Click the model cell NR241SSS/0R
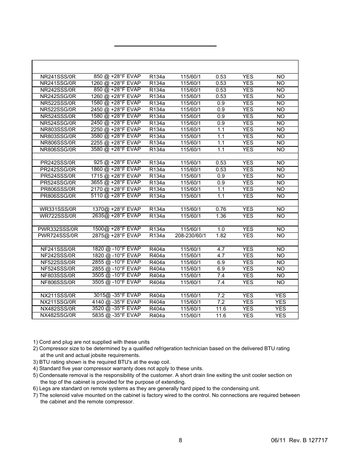(58, 77)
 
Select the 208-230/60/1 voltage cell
(190, 236)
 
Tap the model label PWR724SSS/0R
(58, 235)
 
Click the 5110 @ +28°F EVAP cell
(115, 195)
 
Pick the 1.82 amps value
(221, 236)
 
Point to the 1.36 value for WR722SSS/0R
(221, 216)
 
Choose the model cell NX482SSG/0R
(58, 315)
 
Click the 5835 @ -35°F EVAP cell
(116, 315)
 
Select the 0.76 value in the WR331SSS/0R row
(221, 209)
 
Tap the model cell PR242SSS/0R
(58, 163)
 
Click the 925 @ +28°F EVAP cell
(117, 163)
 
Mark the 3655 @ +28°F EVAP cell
(115, 182)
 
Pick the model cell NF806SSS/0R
(58, 282)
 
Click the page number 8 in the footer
(180, 440)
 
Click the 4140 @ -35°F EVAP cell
(116, 302)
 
